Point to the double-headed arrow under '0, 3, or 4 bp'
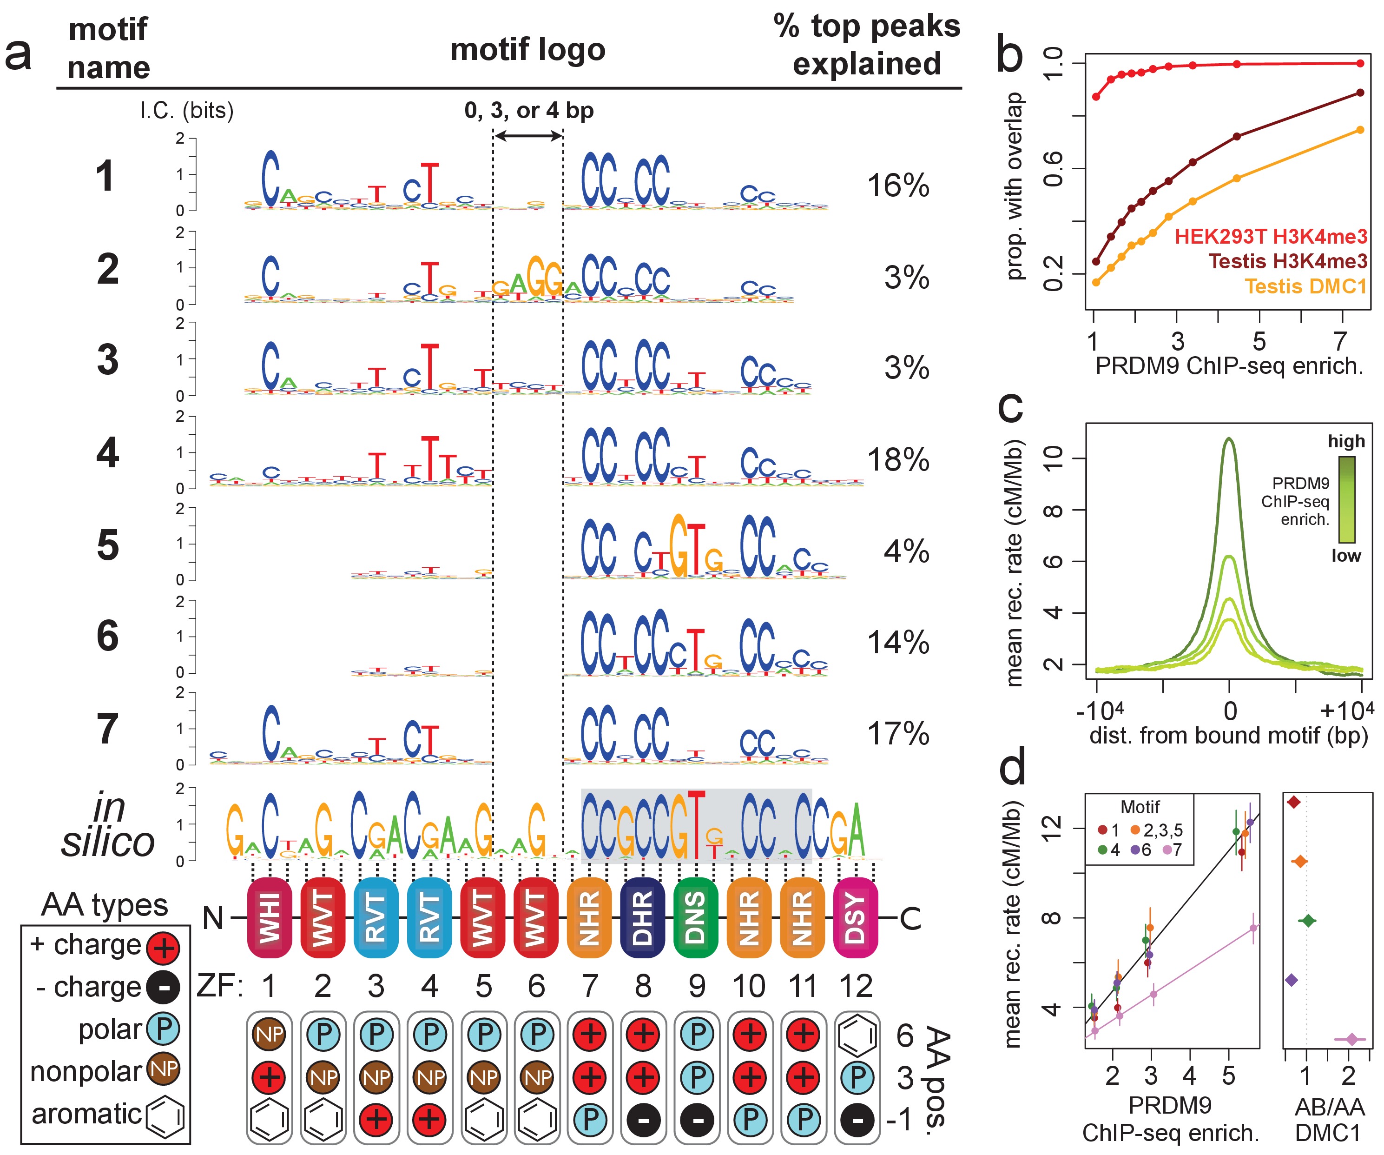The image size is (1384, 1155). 528,136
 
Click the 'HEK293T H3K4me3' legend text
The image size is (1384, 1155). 1271,236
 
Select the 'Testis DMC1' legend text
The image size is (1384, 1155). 1305,286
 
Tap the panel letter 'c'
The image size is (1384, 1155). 1010,407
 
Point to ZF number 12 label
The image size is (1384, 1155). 856,986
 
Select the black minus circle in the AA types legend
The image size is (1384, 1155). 163,988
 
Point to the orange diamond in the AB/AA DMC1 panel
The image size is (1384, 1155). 1299,862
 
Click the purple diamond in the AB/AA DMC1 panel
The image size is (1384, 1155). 1292,980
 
